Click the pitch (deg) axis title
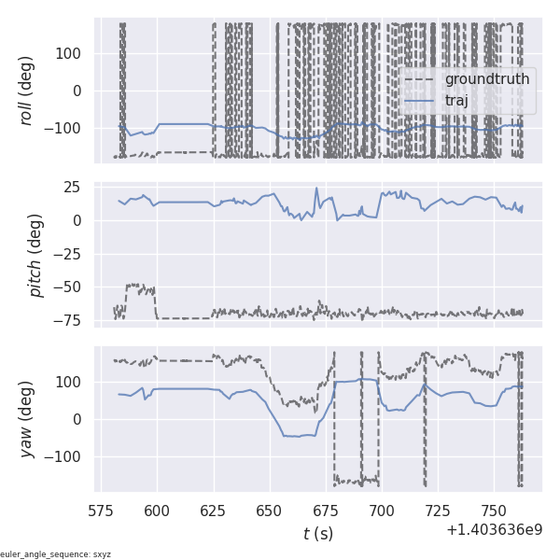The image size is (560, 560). tap(36, 255)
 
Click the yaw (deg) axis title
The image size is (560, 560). tap(36, 419)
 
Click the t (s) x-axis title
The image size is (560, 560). tap(318, 534)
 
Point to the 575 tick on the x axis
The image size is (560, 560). tap(101, 511)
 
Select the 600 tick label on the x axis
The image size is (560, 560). tap(158, 511)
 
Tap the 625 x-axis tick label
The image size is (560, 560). tap(214, 511)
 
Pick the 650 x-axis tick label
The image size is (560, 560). tap(270, 511)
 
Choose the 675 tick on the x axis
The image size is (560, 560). tap(326, 511)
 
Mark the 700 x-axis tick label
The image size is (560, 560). tap(382, 511)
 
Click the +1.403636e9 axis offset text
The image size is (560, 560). tap(494, 530)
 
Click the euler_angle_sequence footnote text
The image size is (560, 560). tap(56, 554)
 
